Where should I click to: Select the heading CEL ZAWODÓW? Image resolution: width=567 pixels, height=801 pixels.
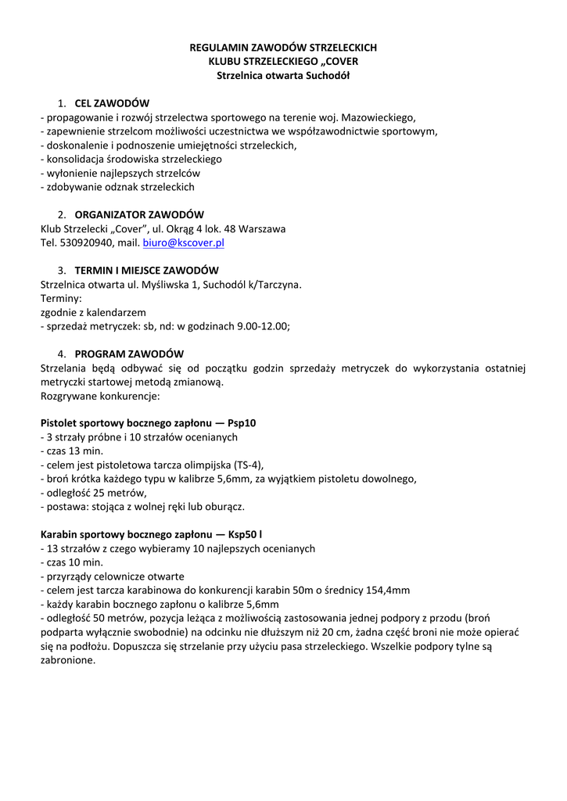tap(112, 103)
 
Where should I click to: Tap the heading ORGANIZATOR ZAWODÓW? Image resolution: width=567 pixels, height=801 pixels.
tap(139, 214)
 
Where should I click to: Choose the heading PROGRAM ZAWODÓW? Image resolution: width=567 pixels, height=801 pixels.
tap(129, 354)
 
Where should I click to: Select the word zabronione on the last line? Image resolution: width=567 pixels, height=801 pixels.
tap(68, 660)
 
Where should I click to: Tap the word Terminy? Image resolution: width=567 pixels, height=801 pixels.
tap(61, 298)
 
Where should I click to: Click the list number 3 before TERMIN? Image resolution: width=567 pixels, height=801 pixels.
tap(61, 270)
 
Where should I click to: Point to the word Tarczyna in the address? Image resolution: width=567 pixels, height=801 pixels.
tap(275, 284)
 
